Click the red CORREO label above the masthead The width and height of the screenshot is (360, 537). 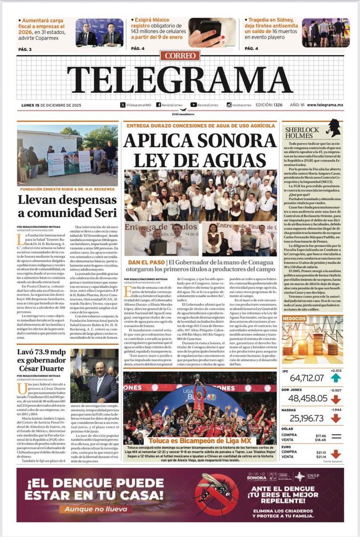click(180, 56)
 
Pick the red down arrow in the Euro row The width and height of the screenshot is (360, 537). click(336, 454)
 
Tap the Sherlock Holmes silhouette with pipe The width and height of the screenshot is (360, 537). click(333, 129)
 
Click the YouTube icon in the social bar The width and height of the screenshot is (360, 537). click(193, 105)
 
